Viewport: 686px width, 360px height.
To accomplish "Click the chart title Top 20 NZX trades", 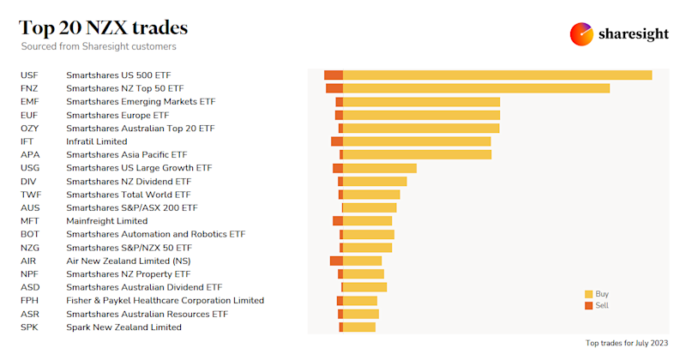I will pos(104,27).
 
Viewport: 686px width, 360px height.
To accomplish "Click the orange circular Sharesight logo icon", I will pos(582,34).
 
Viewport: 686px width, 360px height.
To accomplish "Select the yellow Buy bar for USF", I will pos(497,75).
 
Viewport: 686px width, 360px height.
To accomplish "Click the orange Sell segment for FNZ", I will pos(334,88).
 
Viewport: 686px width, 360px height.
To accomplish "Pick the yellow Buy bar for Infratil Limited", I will pos(417,141).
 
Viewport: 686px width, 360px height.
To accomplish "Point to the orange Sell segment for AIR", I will pos(336,261).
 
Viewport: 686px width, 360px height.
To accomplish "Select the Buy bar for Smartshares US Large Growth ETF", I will pos(379,168).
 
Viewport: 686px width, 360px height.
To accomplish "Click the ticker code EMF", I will pos(30,102).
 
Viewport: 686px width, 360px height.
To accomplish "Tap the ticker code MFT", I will pos(30,221).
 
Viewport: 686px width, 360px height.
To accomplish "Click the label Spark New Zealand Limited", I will pos(123,327).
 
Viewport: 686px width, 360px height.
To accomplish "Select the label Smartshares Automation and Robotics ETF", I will pos(155,234).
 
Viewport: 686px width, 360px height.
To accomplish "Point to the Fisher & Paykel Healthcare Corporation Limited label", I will pos(165,301).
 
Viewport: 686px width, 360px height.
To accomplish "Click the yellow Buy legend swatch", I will pos(588,294).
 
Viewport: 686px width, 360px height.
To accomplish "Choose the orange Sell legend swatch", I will pos(588,305).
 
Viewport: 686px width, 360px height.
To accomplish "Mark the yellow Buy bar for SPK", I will pos(359,327).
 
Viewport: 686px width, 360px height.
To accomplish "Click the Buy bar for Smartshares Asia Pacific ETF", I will pos(417,155).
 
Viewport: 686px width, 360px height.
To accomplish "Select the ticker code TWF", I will pos(30,195).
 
